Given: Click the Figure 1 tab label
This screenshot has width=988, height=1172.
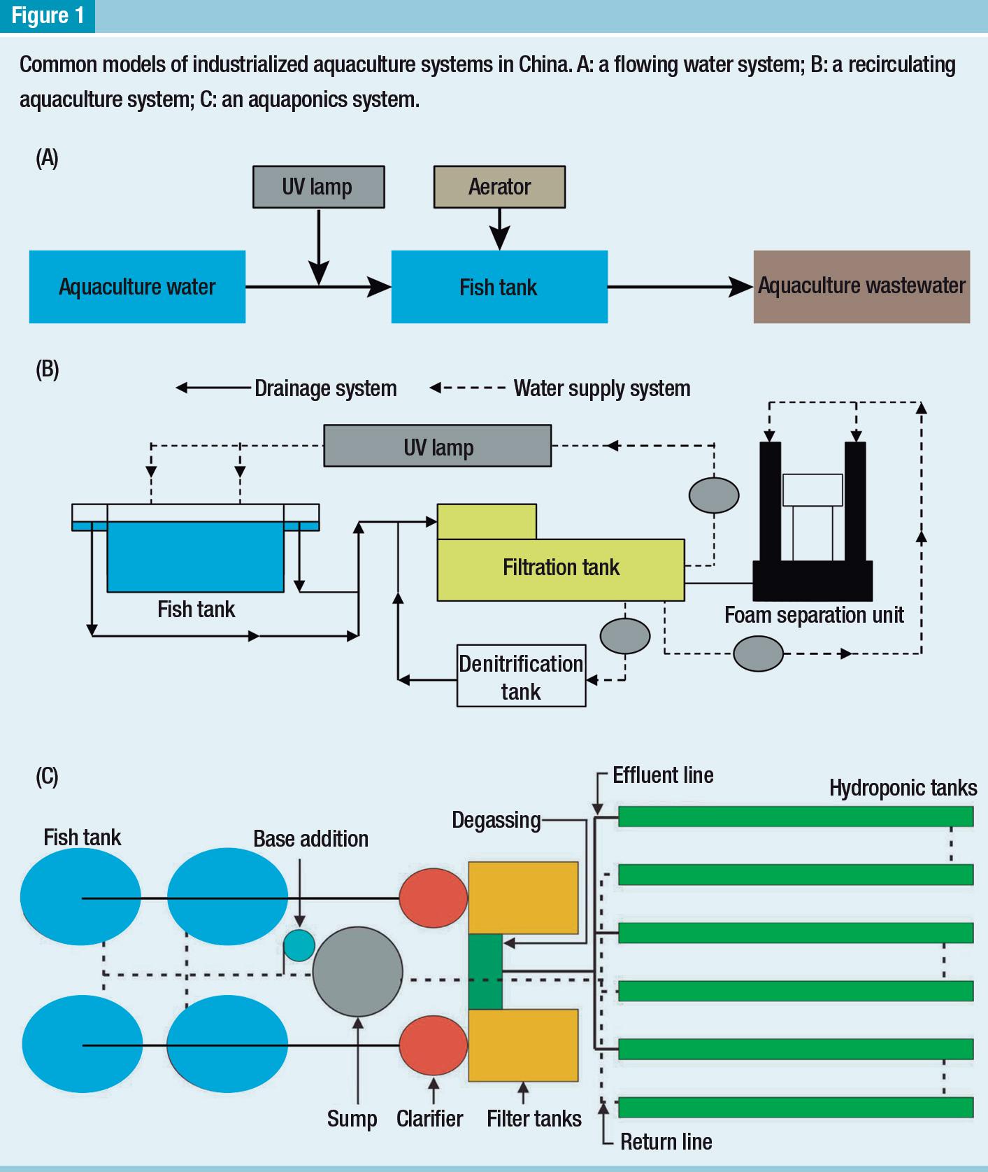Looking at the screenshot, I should (48, 15).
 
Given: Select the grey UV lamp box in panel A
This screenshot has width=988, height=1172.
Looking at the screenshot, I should (318, 187).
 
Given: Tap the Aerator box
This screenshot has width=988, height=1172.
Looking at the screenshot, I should (499, 187).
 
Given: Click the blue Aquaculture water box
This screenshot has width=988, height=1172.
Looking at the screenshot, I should (137, 287).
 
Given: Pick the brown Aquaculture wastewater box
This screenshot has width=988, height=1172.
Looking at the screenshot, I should (861, 286).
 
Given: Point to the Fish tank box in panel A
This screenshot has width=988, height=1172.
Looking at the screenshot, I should (499, 287).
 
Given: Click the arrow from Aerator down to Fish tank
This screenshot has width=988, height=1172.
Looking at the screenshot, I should (499, 230).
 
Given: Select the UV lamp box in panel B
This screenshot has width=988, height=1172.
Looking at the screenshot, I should (438, 446).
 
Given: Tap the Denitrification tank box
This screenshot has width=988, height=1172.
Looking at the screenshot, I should (521, 676).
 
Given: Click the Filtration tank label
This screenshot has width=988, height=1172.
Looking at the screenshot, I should (561, 567).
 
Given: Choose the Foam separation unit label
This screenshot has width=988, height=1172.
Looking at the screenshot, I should (814, 615).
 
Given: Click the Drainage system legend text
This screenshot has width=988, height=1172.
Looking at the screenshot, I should (325, 388).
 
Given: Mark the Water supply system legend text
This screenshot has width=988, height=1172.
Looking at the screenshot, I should (602, 388).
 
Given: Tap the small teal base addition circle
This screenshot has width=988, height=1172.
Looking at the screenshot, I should (299, 946).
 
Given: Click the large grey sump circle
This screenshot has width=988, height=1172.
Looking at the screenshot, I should (357, 971).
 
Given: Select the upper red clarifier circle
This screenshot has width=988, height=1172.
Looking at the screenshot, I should (433, 898).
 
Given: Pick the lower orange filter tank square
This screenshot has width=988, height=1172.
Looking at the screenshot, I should (523, 1045).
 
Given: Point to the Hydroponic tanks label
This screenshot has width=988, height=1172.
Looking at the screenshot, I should (903, 788).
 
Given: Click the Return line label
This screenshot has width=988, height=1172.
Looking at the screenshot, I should (666, 1142).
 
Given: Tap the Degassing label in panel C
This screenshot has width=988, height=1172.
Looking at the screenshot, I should (496, 820).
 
